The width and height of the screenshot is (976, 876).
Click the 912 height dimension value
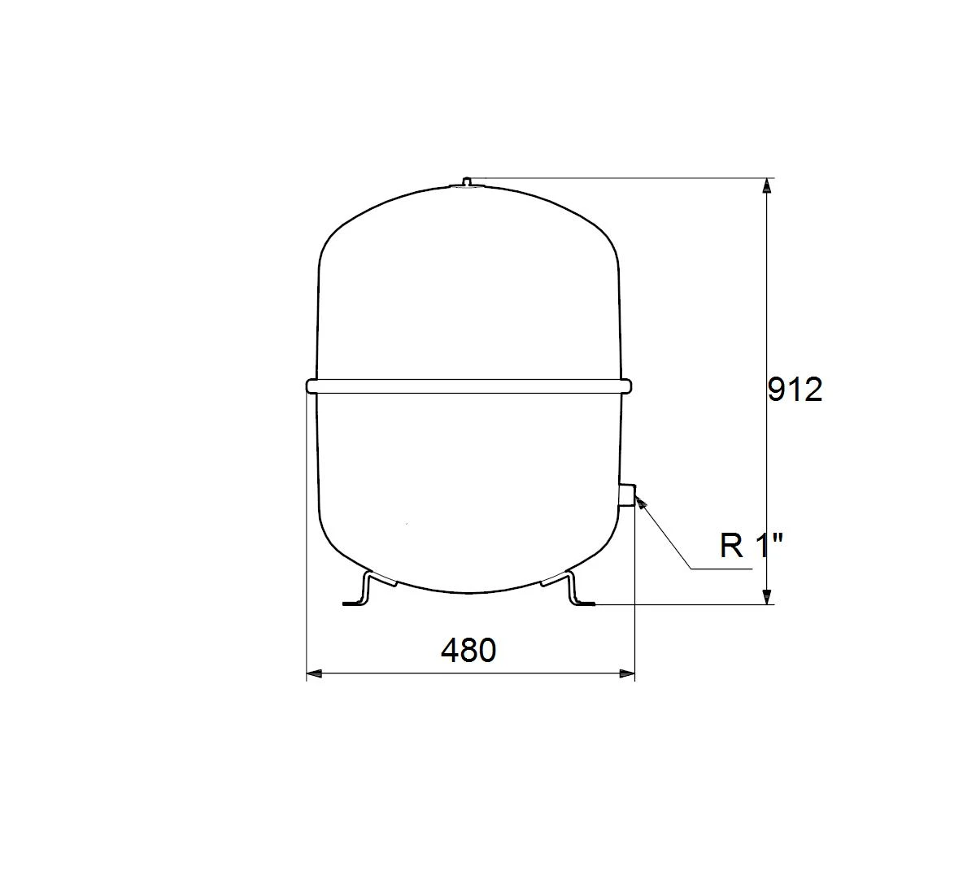[x=795, y=390]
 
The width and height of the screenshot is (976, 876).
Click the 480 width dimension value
[x=468, y=650]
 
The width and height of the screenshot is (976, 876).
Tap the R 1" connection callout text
[x=751, y=546]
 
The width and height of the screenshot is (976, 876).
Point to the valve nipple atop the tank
[x=466, y=181]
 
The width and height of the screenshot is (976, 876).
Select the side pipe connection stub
[x=627, y=495]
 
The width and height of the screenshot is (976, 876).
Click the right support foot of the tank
[x=569, y=590]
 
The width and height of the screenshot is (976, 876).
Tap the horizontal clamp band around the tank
[x=468, y=386]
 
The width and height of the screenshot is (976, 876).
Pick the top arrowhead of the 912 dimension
[x=766, y=185]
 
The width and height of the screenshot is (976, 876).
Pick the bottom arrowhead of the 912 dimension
[x=766, y=596]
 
